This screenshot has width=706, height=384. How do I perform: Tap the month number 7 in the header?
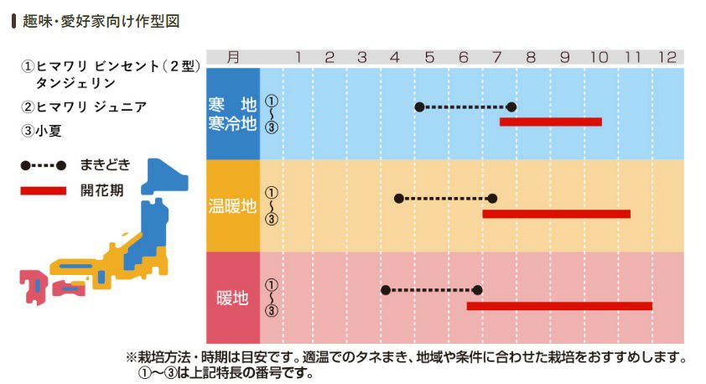click(x=496, y=57)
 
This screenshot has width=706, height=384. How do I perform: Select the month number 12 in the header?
click(x=667, y=57)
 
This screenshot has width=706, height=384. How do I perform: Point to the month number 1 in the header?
click(x=297, y=57)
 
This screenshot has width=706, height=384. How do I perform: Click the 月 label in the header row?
click(x=232, y=57)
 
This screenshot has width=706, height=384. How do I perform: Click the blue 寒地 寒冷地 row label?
click(x=233, y=115)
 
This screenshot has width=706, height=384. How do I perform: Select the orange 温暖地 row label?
click(x=233, y=206)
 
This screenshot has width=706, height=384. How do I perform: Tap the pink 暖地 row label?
click(x=233, y=298)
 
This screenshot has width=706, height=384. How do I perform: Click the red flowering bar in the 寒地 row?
click(x=551, y=122)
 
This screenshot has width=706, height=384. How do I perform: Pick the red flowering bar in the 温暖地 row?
click(x=556, y=214)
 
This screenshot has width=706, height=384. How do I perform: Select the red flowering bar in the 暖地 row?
click(x=559, y=306)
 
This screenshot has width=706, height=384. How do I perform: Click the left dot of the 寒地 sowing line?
click(x=419, y=106)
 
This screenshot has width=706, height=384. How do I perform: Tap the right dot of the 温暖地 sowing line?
click(x=492, y=198)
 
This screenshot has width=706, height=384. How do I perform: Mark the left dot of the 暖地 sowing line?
click(x=386, y=290)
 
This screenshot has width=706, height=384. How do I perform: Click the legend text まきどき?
click(x=106, y=164)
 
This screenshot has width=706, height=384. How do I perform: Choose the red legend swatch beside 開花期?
click(x=44, y=190)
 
